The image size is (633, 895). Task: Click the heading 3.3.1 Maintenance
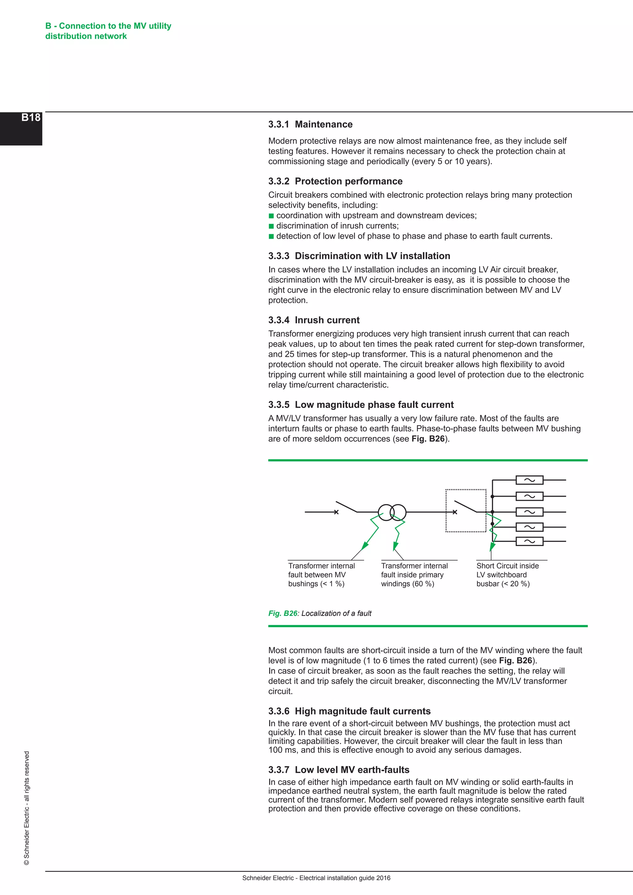310,124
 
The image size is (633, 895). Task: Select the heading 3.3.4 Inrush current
314,320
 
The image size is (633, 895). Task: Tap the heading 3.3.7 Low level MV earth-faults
339,770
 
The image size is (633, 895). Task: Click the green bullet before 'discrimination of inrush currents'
271,226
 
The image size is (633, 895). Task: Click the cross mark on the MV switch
336,512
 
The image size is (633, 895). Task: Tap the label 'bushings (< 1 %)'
316,583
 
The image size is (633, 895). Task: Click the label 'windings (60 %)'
407,583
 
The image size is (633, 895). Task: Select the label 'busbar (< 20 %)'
503,583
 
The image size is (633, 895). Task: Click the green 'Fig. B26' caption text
283,613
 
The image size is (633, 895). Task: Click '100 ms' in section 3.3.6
281,750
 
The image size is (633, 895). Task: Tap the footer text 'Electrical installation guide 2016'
345,878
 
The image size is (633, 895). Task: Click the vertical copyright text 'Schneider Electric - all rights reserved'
27,807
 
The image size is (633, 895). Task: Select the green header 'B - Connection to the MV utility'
108,26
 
